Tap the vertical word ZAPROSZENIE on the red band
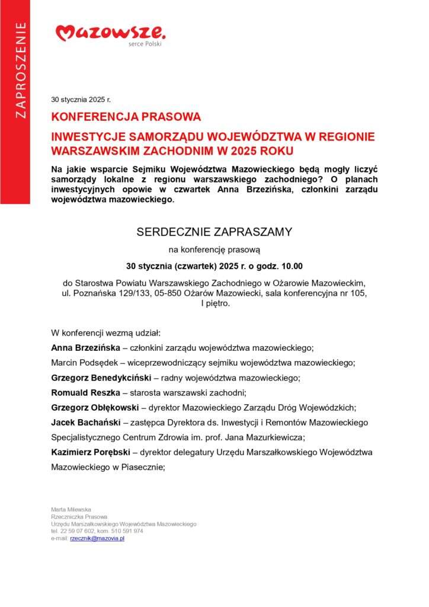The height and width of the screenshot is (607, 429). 21,70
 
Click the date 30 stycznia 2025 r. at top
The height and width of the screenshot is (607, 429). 81,100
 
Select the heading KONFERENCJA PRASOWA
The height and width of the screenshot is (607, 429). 126,117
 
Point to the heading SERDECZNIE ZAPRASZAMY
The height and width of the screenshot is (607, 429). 214,232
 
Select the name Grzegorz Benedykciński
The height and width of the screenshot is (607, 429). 101,378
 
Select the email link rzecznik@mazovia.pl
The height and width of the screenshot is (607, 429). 97,538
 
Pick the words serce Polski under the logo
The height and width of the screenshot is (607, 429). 145,44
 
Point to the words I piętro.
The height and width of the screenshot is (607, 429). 215,303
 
